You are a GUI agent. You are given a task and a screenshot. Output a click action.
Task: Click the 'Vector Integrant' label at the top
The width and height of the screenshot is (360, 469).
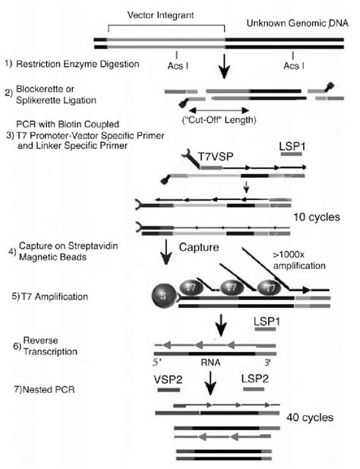[x=158, y=16]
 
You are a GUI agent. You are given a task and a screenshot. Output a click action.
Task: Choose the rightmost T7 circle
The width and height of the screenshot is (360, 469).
[x=265, y=289]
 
